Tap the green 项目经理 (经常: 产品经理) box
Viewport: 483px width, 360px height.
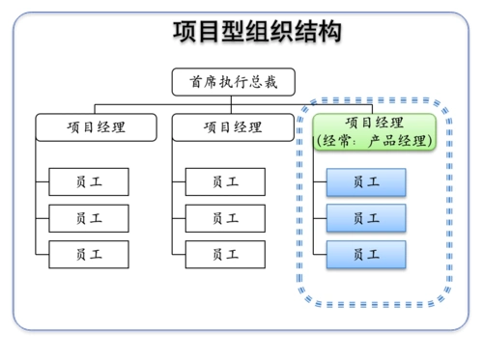[x=374, y=131]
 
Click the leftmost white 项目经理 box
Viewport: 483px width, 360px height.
[x=96, y=126]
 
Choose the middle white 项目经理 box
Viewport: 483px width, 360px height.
[x=233, y=126]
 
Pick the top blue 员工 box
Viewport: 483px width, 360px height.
[x=366, y=181]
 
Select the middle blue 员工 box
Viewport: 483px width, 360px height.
[x=366, y=218]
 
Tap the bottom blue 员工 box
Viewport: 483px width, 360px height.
[x=366, y=255]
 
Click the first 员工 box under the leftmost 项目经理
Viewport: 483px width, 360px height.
[x=89, y=181]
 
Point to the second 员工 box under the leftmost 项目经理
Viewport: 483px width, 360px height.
[x=89, y=218]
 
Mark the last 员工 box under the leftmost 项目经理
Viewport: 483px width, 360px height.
[x=89, y=255]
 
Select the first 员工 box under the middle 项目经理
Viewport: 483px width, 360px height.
[x=226, y=181]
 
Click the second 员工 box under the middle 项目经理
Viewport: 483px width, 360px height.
[x=226, y=218]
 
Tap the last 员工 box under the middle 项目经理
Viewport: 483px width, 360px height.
[x=226, y=255]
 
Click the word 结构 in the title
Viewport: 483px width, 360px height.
[x=323, y=32]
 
